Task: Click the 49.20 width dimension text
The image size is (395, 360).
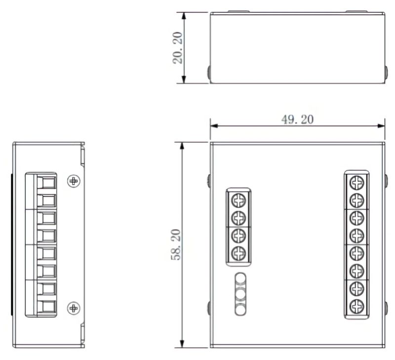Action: tap(297, 120)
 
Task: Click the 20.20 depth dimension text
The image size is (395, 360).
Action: tap(178, 48)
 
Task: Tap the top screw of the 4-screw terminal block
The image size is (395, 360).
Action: tap(238, 200)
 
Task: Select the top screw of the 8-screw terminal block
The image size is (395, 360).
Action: tap(356, 183)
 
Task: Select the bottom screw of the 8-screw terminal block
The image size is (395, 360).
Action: tap(356, 307)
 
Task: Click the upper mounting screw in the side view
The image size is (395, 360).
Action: tap(74, 181)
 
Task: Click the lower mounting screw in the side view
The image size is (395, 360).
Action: tap(74, 309)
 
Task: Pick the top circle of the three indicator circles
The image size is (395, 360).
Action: tap(240, 280)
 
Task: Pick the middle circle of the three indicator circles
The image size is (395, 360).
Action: tap(240, 295)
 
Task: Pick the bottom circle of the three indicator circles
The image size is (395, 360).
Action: tap(240, 310)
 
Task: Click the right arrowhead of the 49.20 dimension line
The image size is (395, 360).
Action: tap(382, 125)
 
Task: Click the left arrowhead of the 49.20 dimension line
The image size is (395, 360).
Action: tap(213, 125)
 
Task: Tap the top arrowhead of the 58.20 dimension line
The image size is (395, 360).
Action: tap(182, 145)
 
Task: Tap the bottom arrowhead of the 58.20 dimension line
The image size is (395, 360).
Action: tap(182, 344)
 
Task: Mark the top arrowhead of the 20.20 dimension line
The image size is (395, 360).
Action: tap(184, 15)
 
